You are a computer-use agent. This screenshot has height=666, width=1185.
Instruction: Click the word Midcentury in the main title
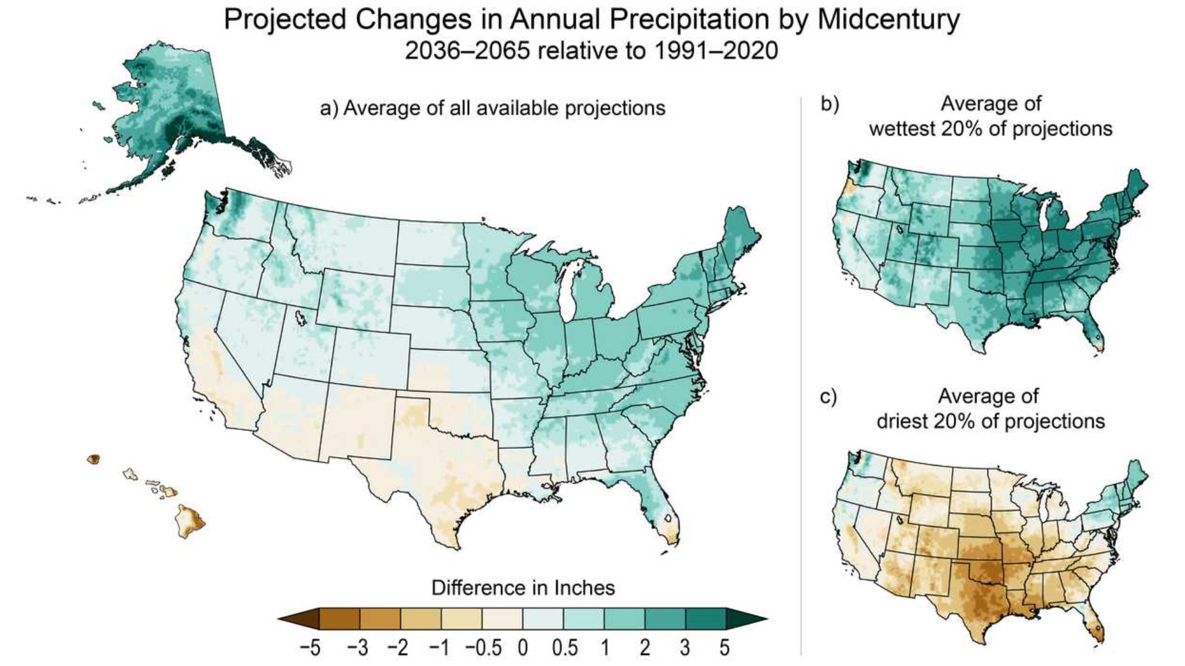(889, 20)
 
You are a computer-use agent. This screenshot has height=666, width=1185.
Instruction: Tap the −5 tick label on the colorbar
(310, 648)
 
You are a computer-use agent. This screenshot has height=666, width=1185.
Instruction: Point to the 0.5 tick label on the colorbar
(565, 648)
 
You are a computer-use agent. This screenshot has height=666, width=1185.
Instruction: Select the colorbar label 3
(684, 648)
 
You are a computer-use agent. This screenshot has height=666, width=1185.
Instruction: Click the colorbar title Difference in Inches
(523, 588)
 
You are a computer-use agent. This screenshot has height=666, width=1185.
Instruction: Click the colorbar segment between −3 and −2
(380, 619)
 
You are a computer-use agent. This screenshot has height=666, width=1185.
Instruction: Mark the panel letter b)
(829, 104)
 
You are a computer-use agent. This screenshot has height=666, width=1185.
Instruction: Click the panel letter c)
(828, 397)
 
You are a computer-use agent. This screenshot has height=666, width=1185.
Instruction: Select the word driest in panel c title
(902, 422)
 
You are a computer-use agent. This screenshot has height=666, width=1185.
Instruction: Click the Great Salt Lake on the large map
(301, 318)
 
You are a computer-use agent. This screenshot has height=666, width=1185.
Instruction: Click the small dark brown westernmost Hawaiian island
(94, 459)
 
